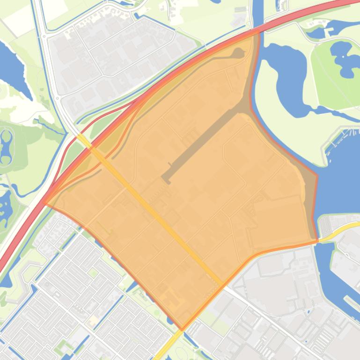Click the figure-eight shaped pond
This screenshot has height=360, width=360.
6,147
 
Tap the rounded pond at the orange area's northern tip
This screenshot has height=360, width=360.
237,54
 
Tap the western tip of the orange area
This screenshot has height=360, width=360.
45,204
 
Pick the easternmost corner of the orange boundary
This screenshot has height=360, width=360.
317,241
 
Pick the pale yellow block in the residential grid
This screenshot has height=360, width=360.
93,321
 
